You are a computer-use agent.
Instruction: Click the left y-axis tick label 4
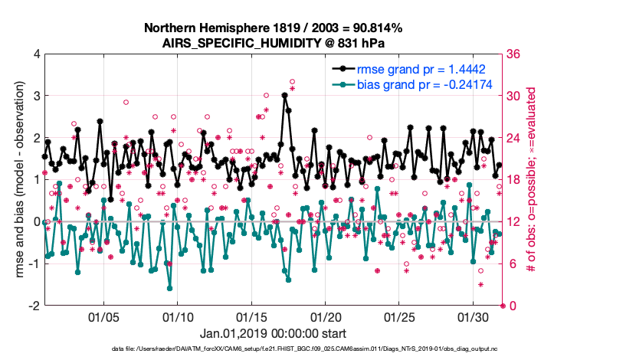(x=35, y=54)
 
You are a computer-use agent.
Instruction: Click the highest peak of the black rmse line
(x=284, y=95)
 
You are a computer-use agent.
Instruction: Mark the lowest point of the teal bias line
(x=169, y=288)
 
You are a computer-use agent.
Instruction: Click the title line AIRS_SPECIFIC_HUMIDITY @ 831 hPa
(x=274, y=44)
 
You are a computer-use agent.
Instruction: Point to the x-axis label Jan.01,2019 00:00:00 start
(x=274, y=333)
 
